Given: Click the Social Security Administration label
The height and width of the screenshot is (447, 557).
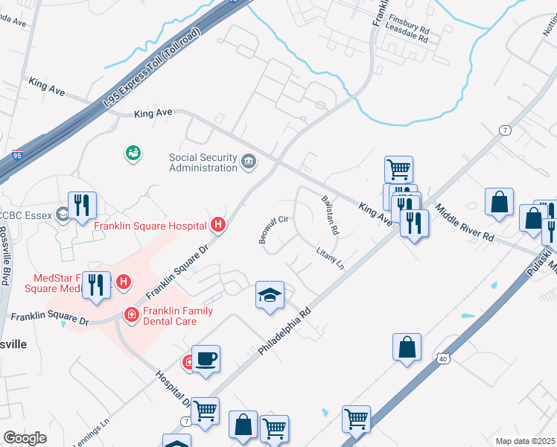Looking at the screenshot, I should pyautogui.click(x=203, y=162).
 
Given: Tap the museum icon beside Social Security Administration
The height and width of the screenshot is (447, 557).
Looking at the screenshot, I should pyautogui.click(x=248, y=160).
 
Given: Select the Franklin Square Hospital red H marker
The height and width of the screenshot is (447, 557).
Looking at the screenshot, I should pyautogui.click(x=218, y=223).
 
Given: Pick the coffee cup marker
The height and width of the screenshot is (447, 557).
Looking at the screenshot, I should pyautogui.click(x=206, y=359).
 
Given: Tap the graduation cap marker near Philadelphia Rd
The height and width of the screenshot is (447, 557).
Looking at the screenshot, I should pyautogui.click(x=270, y=295).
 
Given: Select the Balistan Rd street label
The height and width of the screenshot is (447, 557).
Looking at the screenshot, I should pyautogui.click(x=331, y=216).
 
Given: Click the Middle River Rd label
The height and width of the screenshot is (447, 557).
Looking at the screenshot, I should pyautogui.click(x=465, y=223).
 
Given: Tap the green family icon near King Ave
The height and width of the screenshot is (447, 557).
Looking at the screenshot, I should pyautogui.click(x=133, y=153).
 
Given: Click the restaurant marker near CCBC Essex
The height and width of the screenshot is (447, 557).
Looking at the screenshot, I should pyautogui.click(x=83, y=206).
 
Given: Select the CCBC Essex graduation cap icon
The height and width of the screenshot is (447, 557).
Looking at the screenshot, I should pyautogui.click(x=65, y=214).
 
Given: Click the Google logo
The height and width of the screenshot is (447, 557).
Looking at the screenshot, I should pyautogui.click(x=25, y=438).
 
